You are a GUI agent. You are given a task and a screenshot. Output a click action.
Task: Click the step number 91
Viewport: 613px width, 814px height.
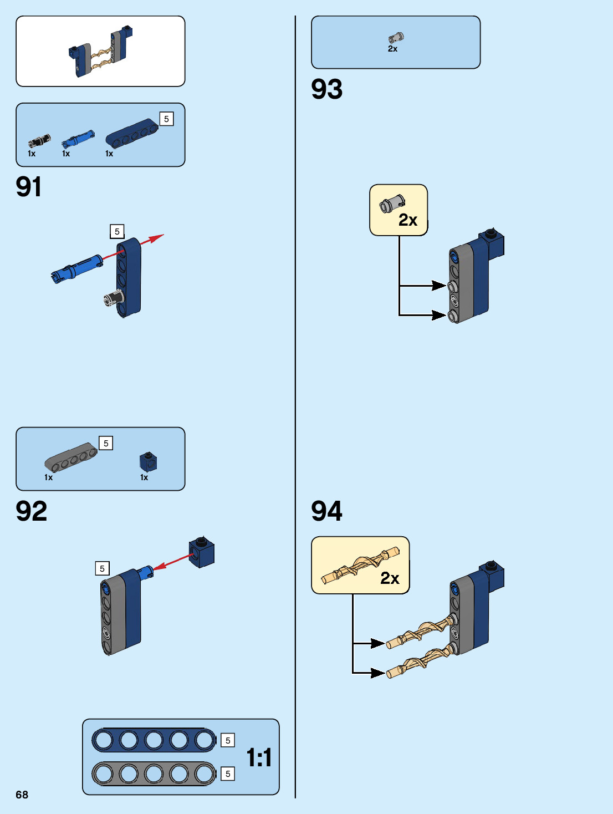pos(29,187)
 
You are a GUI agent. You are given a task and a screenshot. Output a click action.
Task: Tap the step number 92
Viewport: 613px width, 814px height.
pos(32,511)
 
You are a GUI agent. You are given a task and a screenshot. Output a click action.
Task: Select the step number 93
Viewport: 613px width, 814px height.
pos(327,89)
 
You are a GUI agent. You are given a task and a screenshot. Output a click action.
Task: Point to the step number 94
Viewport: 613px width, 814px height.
pos(327,511)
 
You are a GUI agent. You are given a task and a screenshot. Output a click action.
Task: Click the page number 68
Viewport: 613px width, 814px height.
pos(22,795)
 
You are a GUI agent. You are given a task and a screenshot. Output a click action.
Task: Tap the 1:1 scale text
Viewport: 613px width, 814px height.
pos(259,757)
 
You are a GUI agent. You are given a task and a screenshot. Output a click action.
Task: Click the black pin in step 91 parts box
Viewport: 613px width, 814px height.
pos(39,140)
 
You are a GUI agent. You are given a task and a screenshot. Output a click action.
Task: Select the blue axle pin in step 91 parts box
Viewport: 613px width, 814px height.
pos(78,139)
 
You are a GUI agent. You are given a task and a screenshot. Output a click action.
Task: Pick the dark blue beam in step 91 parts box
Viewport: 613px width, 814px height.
pos(132,133)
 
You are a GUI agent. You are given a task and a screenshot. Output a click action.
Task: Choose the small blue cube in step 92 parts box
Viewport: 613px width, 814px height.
pos(148,462)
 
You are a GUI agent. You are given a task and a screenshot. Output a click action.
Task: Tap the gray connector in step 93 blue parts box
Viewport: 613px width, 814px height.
pos(396,38)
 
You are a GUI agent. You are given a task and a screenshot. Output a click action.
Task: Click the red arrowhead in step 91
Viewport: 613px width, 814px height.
pos(157,238)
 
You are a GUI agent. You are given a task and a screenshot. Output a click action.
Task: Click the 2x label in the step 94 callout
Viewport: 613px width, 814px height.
pos(390,578)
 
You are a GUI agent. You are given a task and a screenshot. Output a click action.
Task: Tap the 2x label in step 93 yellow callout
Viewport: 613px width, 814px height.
pos(408,220)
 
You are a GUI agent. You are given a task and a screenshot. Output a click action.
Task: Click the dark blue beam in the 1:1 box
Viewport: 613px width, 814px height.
pos(154,740)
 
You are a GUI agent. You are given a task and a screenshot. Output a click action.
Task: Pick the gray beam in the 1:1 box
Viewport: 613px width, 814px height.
pos(154,774)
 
